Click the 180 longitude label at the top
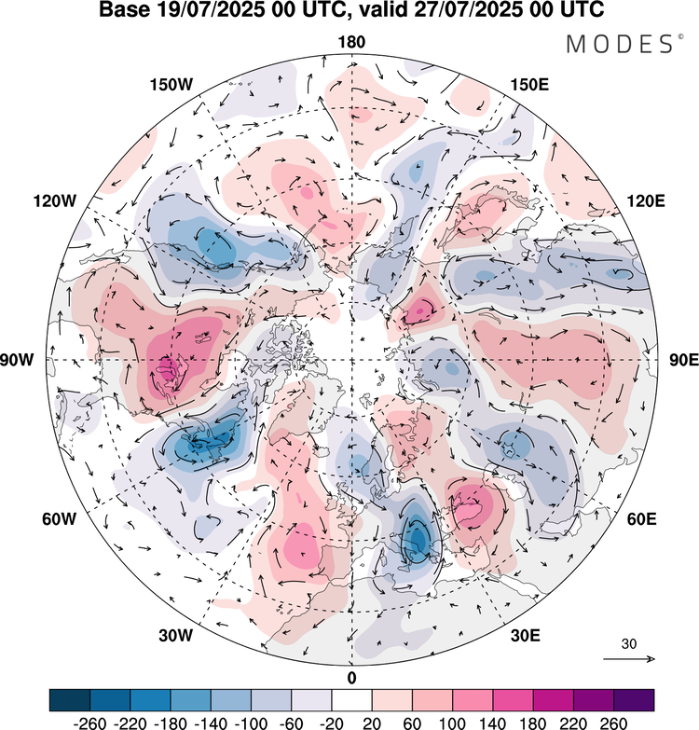[x=351, y=42]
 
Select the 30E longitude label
[x=526, y=636]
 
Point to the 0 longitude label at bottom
[x=351, y=677]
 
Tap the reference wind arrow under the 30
[x=629, y=659]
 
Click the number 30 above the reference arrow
[x=629, y=643]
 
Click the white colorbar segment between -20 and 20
[x=351, y=699]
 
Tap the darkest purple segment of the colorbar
[x=633, y=699]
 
